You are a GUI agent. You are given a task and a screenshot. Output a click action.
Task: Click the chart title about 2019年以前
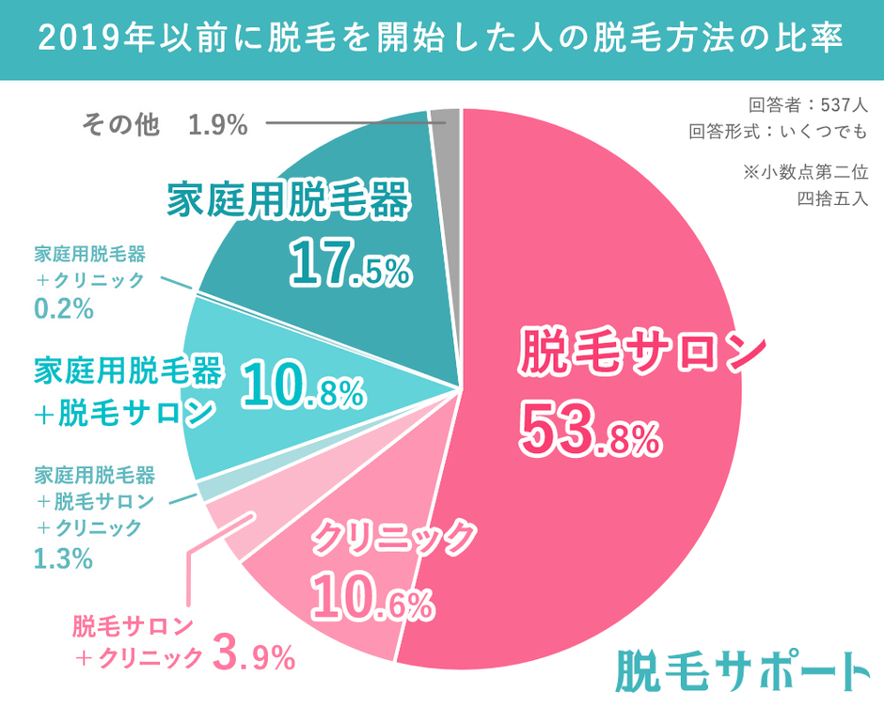point(441,39)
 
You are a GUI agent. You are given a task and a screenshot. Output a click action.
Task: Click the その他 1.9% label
point(165,124)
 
